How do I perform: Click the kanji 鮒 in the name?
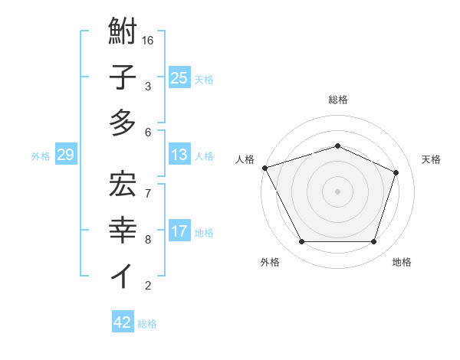pos(123,33)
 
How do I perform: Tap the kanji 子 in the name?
pos(123,78)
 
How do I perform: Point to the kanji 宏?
pos(123,183)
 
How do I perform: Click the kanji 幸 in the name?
pos(123,230)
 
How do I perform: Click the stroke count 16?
pos(149,39)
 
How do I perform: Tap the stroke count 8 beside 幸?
pos(148,239)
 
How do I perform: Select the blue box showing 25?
pos(179,77)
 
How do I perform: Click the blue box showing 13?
pos(179,155)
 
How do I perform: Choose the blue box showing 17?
pos(179,231)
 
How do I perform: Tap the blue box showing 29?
pos(65,155)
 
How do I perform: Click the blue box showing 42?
pos(122,322)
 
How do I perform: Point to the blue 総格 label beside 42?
pos(147,324)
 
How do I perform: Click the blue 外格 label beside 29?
pos(41,156)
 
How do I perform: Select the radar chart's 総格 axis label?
pos(337,100)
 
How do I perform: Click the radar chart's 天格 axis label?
pos(431,159)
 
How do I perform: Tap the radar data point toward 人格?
pos(264,168)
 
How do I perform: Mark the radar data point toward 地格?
pos(373,242)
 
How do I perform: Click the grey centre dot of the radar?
pos(337,191)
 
